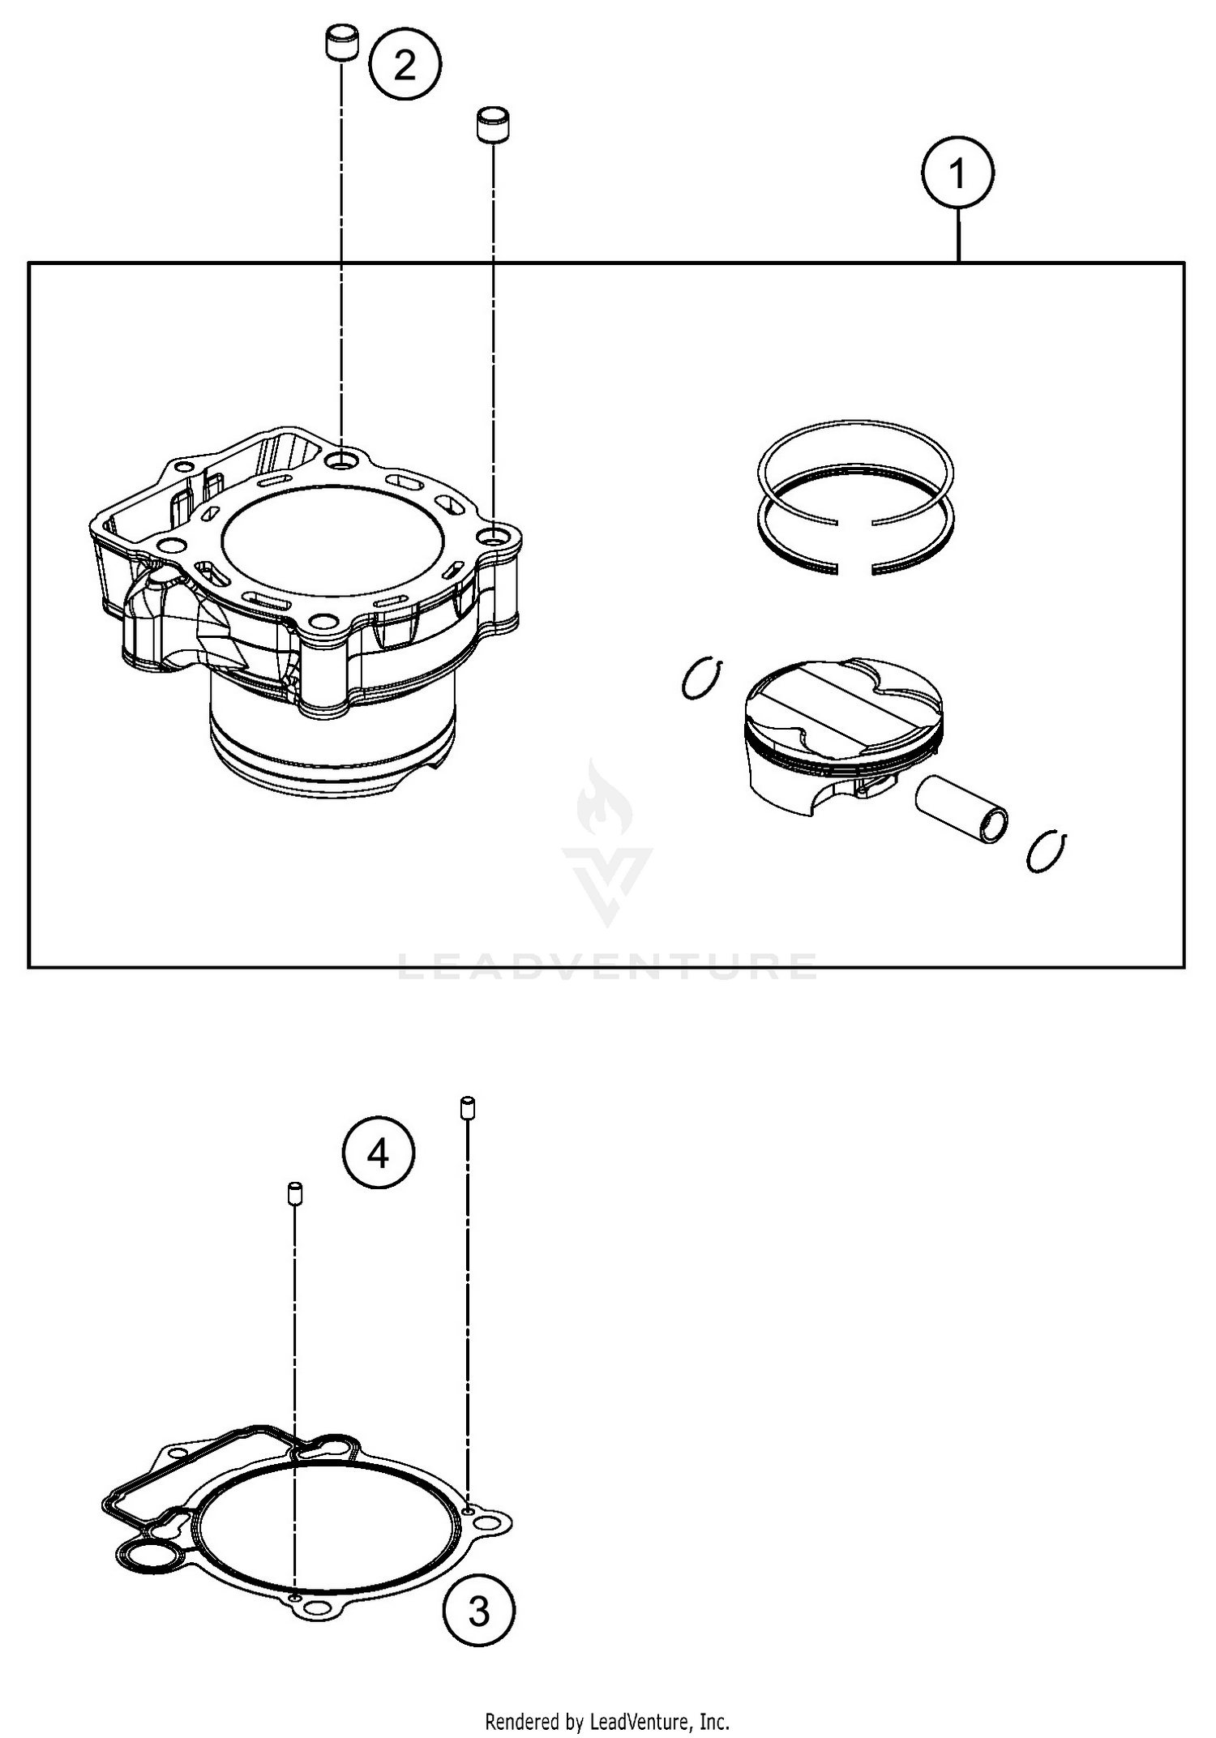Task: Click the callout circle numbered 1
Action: [x=957, y=173]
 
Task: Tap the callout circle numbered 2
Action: [x=405, y=64]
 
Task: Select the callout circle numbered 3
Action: [x=479, y=1611]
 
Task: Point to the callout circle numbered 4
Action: [x=379, y=1152]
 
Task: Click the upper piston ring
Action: [x=855, y=458]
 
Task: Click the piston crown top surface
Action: [x=843, y=699]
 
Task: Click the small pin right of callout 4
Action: [x=468, y=1107]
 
